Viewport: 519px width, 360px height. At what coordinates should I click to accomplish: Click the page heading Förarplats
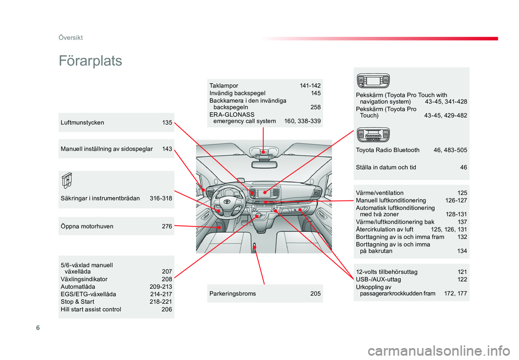[90, 61]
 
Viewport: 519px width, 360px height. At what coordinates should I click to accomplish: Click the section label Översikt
[70, 38]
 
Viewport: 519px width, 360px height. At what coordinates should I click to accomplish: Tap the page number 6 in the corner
[38, 328]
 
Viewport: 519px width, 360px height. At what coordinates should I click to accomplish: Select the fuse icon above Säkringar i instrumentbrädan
[66, 181]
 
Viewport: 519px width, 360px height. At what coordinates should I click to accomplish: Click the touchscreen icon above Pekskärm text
[373, 81]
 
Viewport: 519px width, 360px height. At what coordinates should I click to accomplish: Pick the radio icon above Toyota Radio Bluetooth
[373, 135]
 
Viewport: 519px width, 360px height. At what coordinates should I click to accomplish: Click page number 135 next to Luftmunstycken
[167, 123]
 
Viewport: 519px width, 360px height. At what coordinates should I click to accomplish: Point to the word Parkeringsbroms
[232, 294]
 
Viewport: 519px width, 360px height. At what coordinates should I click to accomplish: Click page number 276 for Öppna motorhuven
[167, 226]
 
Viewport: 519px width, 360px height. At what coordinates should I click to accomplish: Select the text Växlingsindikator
[84, 279]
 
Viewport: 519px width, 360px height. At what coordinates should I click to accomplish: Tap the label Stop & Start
[77, 302]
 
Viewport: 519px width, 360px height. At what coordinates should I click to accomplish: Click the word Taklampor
[224, 86]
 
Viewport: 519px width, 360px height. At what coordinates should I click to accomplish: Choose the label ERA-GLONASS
[232, 115]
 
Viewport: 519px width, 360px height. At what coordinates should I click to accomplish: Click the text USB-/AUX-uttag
[378, 279]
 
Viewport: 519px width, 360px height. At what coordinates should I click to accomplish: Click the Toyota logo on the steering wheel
[227, 202]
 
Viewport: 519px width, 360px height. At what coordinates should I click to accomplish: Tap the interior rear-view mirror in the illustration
[264, 164]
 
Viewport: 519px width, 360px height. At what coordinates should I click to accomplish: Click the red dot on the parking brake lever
[255, 247]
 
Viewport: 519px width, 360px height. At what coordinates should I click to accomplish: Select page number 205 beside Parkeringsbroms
[315, 294]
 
